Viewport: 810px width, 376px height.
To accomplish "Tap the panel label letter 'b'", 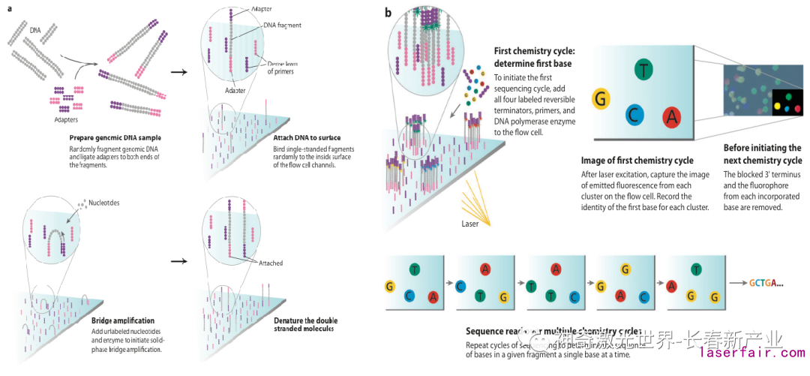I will [x=388, y=13].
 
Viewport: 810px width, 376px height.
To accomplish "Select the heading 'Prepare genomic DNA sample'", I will [x=115, y=138].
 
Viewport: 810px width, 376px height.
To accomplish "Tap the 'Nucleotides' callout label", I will [x=100, y=204].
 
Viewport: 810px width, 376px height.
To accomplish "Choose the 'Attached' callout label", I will [x=270, y=263].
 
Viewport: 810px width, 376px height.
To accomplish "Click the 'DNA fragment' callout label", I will [x=282, y=25].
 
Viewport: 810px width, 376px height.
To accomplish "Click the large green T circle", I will [x=643, y=70].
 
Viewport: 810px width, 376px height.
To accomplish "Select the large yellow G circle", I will [x=600, y=98].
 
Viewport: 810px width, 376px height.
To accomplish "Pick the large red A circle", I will [x=671, y=116].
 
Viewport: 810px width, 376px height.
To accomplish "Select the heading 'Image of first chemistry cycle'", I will [x=637, y=160].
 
